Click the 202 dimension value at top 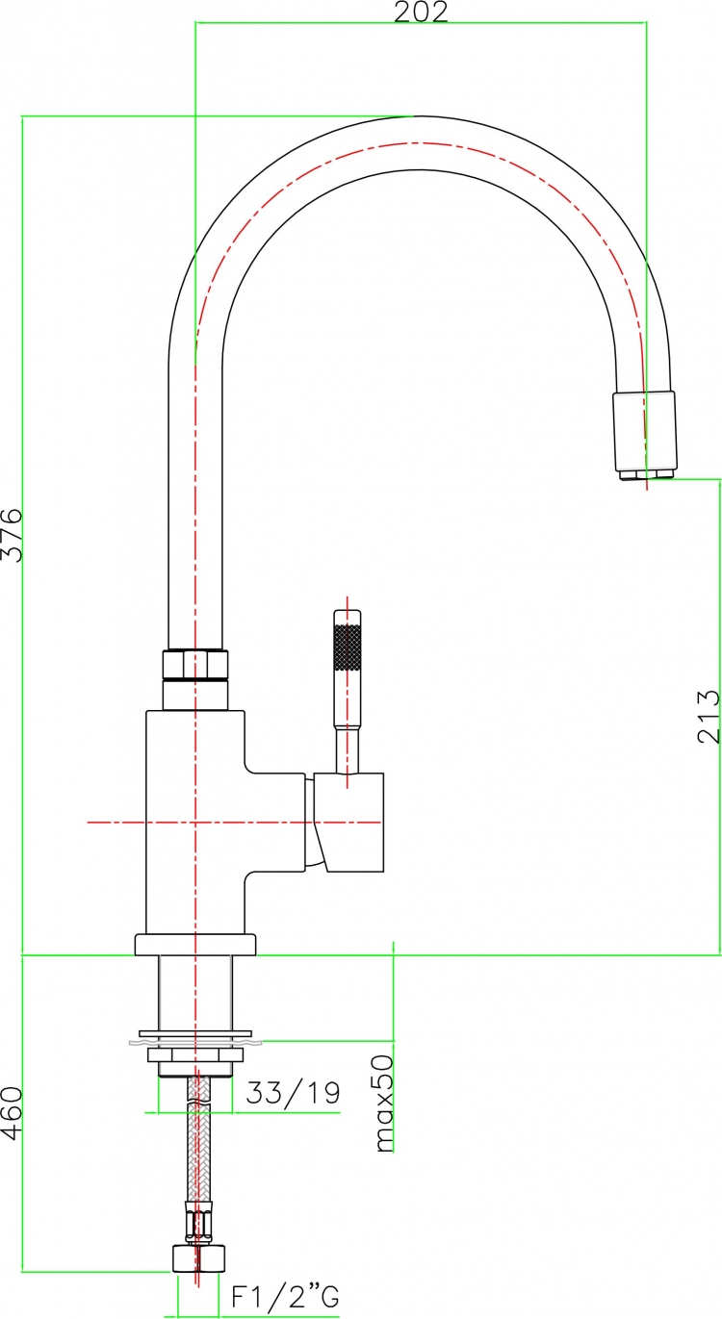[x=421, y=12]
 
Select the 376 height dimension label [x=12, y=535]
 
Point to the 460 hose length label [x=12, y=1113]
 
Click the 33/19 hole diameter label [x=293, y=1092]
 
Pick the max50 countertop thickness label [x=384, y=1103]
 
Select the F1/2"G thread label [x=285, y=1296]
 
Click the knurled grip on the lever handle [x=348, y=647]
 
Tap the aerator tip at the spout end [x=647, y=473]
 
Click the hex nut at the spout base [x=195, y=664]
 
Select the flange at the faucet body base [x=195, y=945]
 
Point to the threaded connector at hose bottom [x=199, y=1258]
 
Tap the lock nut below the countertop [x=195, y=1054]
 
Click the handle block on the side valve [x=348, y=822]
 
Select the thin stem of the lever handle [x=348, y=750]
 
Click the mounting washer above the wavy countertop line [x=195, y=1033]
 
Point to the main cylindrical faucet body [x=195, y=822]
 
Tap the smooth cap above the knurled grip [x=348, y=617]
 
